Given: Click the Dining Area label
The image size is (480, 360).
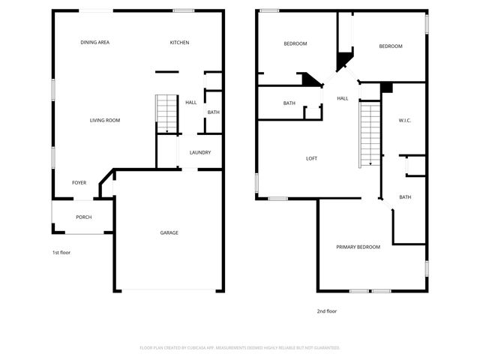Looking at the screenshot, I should pos(95,43).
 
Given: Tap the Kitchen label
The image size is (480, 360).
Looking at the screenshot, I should pos(179,43).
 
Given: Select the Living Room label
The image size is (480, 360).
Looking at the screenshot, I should pos(105,120).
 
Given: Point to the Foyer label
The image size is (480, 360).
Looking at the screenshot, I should pos(79,183).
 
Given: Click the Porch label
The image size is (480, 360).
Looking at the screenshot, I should pos(83,217).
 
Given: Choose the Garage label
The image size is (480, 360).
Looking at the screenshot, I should pos(169,232).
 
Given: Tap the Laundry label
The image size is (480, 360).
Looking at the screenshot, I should pos(199,153).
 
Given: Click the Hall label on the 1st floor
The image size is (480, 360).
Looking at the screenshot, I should pos(190,102).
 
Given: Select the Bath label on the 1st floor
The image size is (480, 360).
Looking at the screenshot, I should pos(213,112).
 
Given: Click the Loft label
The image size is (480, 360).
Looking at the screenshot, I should pos(312,158).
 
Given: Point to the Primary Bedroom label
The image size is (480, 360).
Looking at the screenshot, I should pos(358,247).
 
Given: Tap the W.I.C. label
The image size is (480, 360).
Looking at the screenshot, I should pos(405,121).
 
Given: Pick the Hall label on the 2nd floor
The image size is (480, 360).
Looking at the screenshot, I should pos(342,98).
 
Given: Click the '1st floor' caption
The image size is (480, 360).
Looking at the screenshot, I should pos(61,253).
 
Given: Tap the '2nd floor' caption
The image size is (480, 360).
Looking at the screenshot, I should pos(326,310).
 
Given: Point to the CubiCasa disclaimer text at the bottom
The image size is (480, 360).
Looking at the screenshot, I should pos(240,348).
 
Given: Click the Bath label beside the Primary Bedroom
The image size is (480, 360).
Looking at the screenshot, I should pos(405,197).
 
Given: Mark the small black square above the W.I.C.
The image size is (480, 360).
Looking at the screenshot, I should pos(386,88).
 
